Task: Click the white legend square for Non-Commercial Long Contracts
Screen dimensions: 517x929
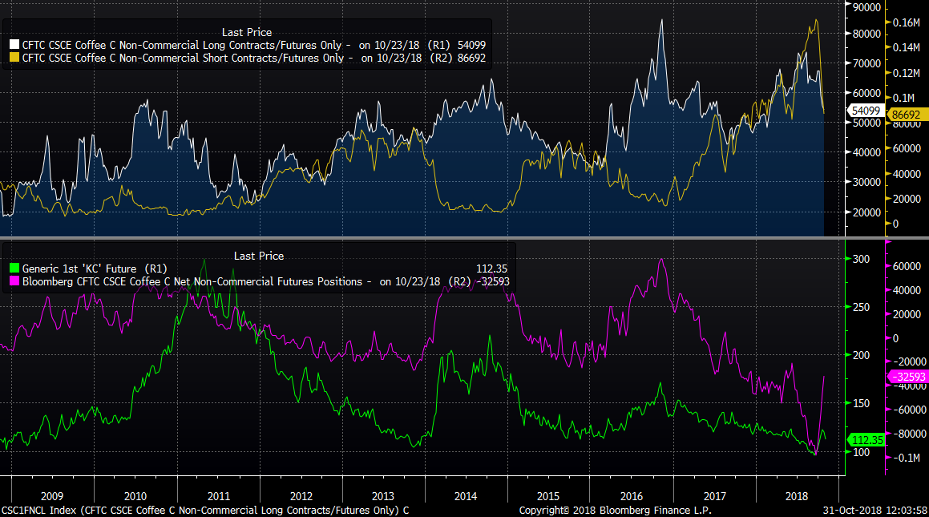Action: (x=14, y=43)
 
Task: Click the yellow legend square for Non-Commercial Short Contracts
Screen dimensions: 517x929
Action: (x=14, y=58)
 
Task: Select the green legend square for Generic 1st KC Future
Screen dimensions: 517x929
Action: (x=14, y=269)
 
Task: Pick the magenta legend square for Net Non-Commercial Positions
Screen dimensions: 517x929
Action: (x=14, y=281)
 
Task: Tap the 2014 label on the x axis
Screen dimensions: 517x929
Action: (x=467, y=496)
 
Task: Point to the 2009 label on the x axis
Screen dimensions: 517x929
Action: (x=52, y=496)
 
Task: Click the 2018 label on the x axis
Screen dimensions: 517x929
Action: (x=798, y=496)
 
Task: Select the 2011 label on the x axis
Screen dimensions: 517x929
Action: (x=218, y=496)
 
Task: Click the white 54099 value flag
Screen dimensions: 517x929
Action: (x=865, y=111)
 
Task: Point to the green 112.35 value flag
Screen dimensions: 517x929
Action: (x=866, y=440)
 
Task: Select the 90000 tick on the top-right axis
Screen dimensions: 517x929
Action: (x=866, y=7)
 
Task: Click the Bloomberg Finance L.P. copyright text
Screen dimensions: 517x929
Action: (x=615, y=510)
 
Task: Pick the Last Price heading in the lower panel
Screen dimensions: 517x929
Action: (x=259, y=256)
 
